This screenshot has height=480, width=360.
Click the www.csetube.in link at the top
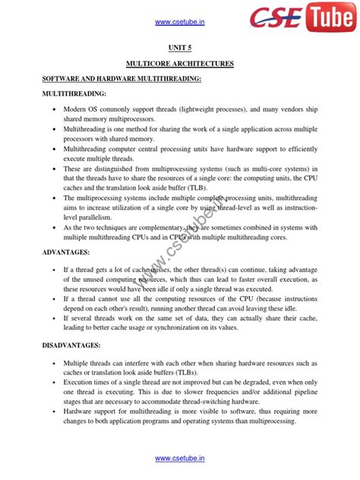pos(180,22)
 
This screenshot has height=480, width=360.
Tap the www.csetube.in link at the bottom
pos(180,459)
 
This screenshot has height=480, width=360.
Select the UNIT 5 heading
pos(180,47)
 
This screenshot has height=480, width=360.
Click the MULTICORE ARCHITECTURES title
pos(180,63)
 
